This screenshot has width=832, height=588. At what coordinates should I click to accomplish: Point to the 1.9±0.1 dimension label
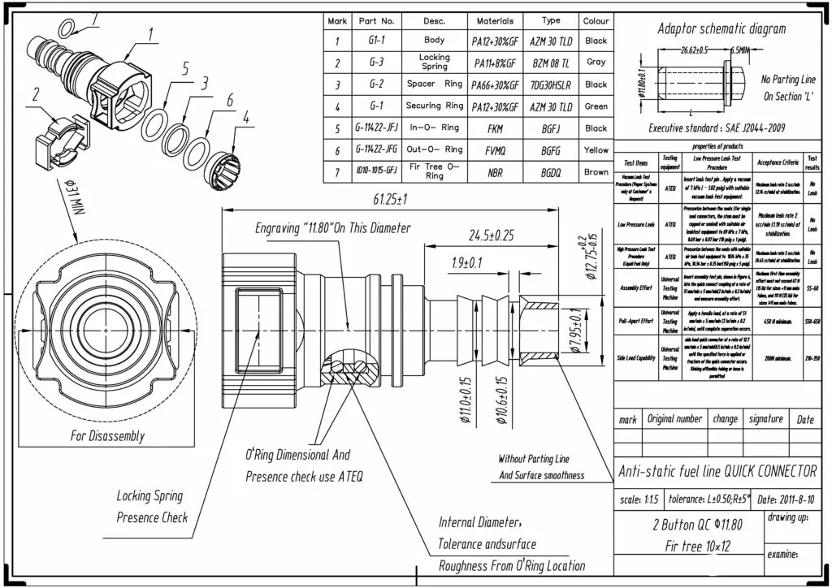467,262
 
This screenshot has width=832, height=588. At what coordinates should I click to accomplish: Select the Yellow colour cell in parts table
596,150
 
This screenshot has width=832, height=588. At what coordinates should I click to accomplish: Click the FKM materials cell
495,128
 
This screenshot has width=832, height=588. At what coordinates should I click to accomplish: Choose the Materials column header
495,21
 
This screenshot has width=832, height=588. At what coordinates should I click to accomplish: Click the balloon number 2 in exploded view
36,94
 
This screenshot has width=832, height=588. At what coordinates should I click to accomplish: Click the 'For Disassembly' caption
107,436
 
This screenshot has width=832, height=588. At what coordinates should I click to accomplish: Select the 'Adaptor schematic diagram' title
721,29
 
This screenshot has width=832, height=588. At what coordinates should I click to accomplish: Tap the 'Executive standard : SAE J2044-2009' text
717,128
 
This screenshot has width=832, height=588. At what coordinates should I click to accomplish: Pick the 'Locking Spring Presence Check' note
152,506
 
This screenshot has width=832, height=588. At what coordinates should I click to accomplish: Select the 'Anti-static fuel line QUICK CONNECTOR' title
717,472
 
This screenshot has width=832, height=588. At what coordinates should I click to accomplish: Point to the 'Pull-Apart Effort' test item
635,321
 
